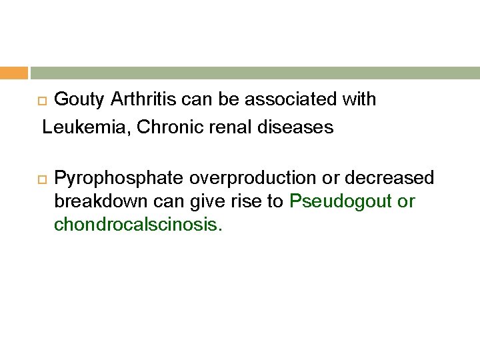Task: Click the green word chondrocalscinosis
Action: click(x=137, y=225)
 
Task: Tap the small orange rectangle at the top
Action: click(x=13, y=73)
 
